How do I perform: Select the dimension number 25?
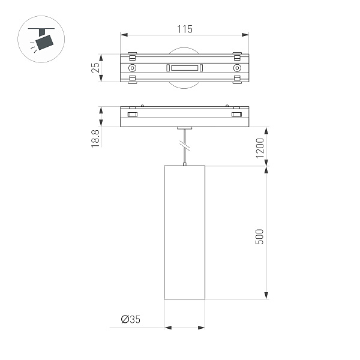click(x=95, y=68)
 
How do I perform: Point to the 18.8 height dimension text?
click(x=95, y=137)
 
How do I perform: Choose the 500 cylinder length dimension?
click(x=260, y=235)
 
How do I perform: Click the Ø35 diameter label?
click(x=130, y=319)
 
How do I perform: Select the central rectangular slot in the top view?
click(x=185, y=68)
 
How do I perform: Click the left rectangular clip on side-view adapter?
click(x=133, y=115)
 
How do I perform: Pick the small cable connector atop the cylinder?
click(x=185, y=164)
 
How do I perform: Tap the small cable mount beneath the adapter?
click(x=185, y=128)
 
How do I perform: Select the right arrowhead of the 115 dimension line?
click(x=246, y=35)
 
